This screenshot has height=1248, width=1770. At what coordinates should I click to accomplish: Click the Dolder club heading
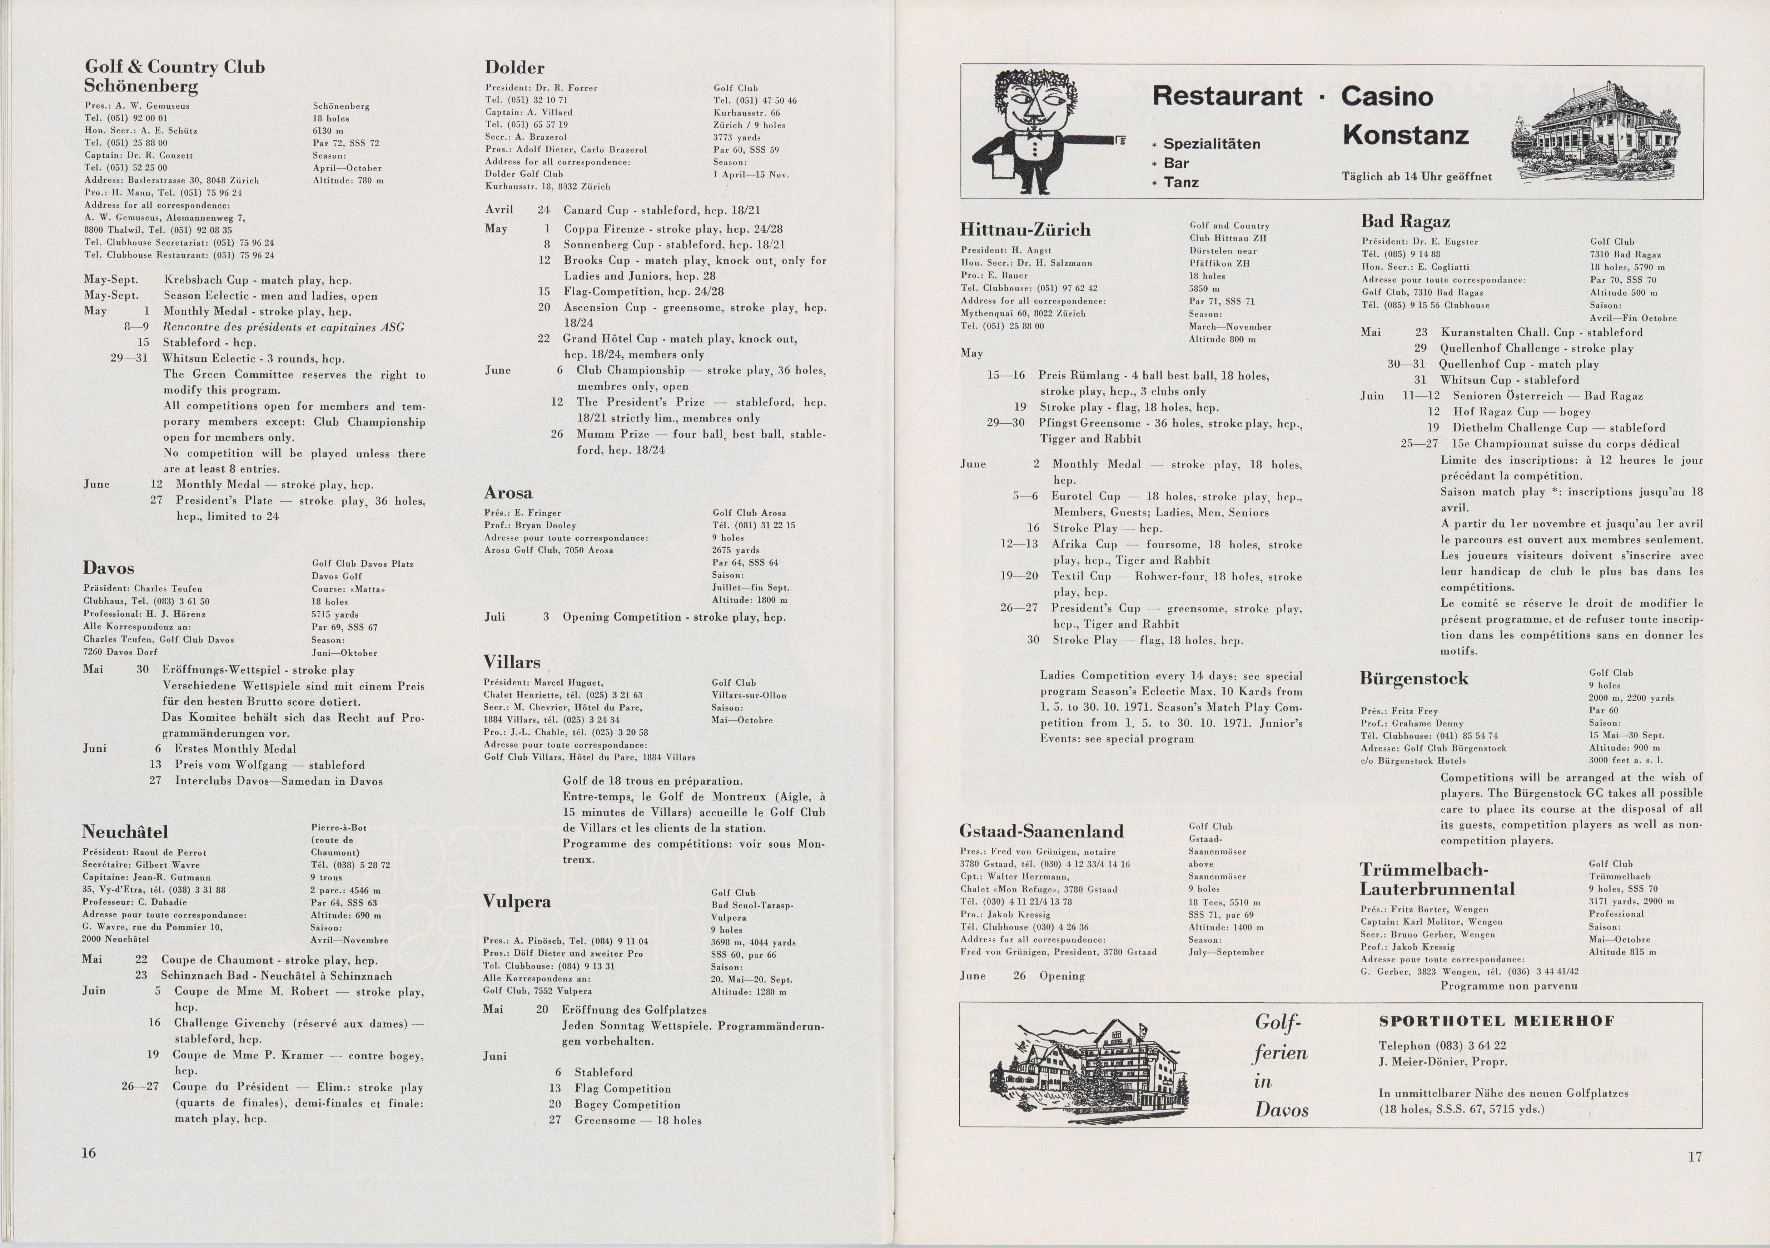click(x=514, y=68)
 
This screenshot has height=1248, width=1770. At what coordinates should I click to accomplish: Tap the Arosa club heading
click(x=508, y=493)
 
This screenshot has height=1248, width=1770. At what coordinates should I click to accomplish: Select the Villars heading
click(x=512, y=662)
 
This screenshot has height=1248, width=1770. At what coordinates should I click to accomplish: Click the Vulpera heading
click(x=517, y=902)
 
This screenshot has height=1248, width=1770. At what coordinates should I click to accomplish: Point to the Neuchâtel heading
click(x=125, y=832)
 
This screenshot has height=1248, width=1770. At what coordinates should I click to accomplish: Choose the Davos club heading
click(x=109, y=568)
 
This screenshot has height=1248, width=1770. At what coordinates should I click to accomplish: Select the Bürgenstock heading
click(x=1414, y=679)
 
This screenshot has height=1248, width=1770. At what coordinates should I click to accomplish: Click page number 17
click(x=1695, y=1156)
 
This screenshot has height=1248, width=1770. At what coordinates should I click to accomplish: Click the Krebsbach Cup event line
click(x=258, y=280)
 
